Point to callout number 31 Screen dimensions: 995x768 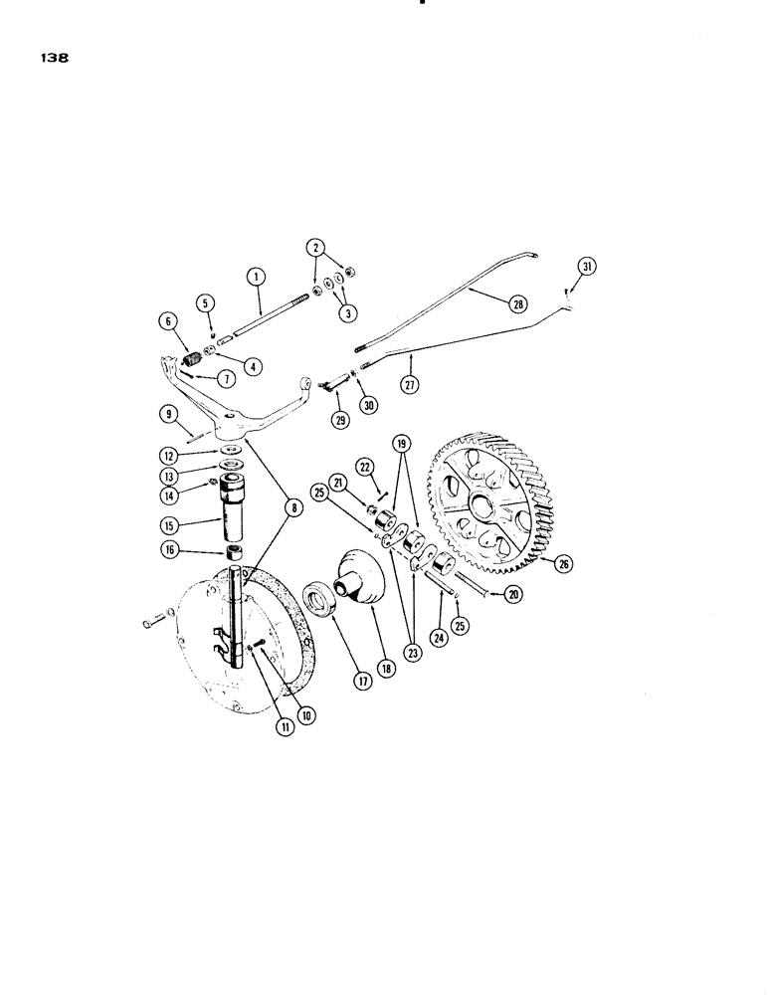(x=587, y=265)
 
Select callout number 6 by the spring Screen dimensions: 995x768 (x=165, y=320)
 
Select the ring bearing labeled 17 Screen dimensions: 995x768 (x=323, y=600)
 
